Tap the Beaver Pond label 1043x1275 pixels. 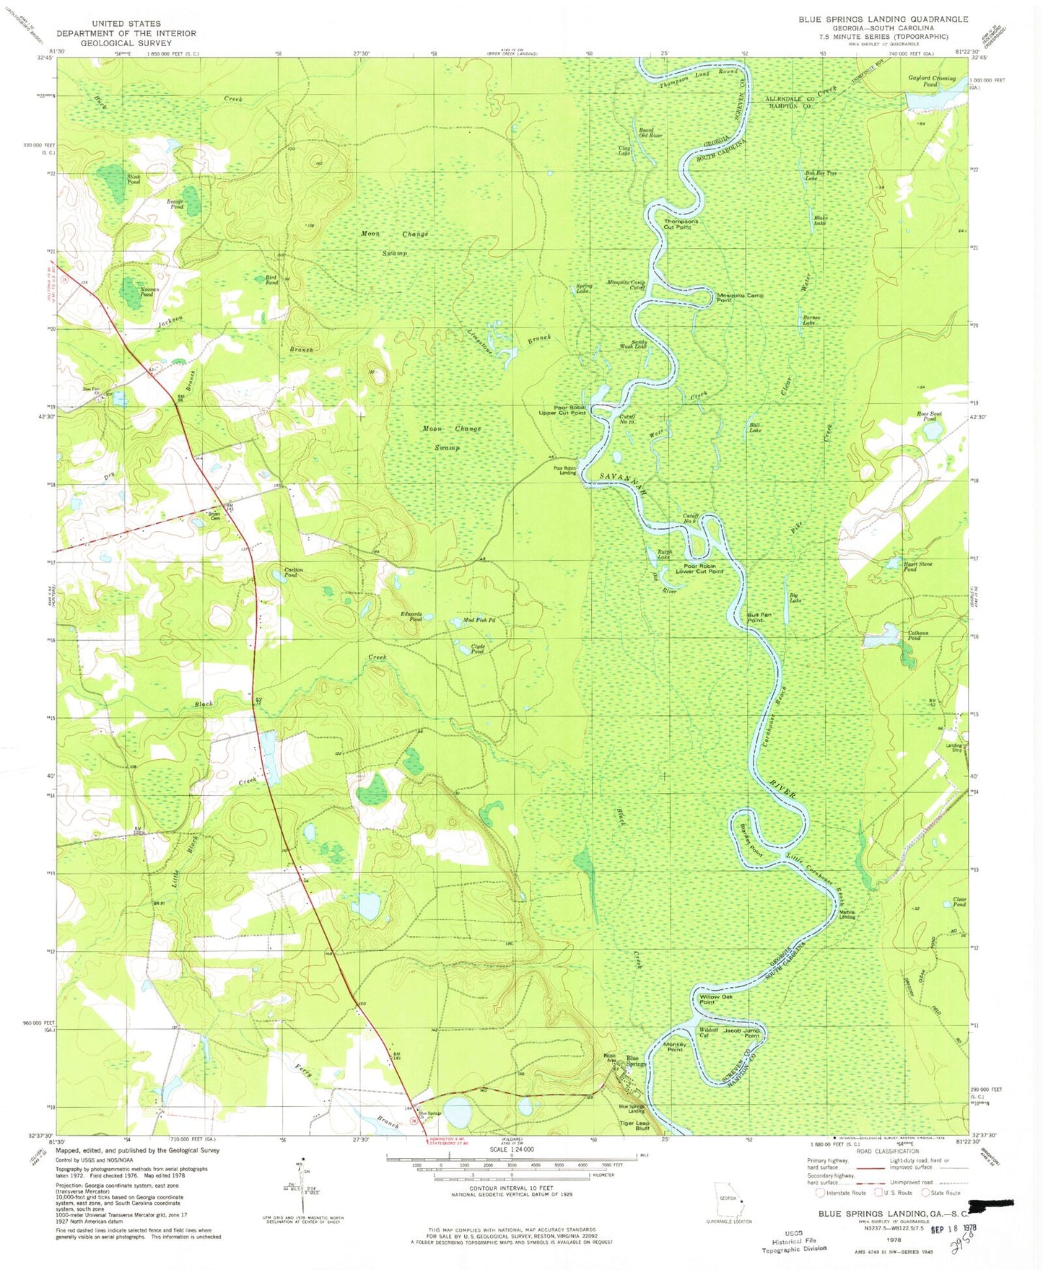176,204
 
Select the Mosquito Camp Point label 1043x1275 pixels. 739,297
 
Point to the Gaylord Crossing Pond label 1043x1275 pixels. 931,81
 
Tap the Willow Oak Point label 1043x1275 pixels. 716,999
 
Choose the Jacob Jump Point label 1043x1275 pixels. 741,1033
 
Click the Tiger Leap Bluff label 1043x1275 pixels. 634,1126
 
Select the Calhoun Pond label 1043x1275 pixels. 917,636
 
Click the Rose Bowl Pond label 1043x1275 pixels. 929,416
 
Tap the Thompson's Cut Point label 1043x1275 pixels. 681,224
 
